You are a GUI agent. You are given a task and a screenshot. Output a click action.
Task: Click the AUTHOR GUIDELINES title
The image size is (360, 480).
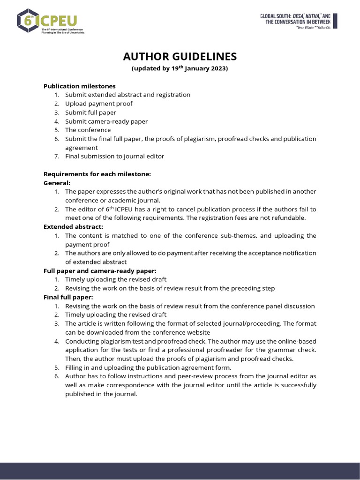pos(180,57)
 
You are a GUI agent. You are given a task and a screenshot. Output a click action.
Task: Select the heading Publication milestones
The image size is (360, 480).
pos(79,86)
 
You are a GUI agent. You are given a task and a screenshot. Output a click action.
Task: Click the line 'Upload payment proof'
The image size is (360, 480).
pos(98,104)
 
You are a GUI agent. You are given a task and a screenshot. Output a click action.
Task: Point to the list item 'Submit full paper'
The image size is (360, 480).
pos(90,112)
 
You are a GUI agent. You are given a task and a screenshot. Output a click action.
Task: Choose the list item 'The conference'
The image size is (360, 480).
pos(88,130)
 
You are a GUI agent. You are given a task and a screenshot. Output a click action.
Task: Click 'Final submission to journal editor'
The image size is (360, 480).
pos(114,156)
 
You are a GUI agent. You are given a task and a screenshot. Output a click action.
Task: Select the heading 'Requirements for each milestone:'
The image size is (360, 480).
pos(97,174)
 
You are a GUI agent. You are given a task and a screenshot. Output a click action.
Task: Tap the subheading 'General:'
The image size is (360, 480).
pos(57,183)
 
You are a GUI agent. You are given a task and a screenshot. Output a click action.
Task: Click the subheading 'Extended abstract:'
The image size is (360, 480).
pos(73,227)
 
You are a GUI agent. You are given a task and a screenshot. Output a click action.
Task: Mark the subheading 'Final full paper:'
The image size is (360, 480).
pos(68,297)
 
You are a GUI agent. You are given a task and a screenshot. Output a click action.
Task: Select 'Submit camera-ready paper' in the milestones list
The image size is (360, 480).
pos(106,121)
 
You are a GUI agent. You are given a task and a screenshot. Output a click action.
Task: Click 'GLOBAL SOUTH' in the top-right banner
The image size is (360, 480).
pos(276,16)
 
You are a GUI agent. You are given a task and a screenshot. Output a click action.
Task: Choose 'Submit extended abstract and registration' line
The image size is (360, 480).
pos(127,95)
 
